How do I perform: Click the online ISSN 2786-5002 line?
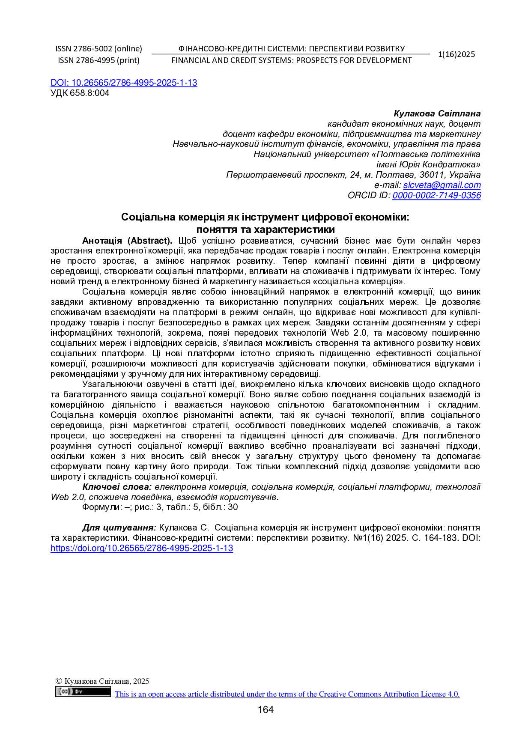point(98,49)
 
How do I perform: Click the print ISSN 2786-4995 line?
point(98,60)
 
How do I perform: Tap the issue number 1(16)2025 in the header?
point(456,54)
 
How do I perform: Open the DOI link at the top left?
point(124,83)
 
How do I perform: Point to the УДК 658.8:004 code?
point(80,93)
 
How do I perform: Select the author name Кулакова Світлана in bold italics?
point(437,113)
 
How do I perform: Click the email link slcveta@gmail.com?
point(442,185)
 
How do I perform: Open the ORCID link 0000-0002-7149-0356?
point(436,195)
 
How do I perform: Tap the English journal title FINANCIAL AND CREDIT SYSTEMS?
point(291,60)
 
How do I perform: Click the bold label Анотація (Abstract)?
point(127,241)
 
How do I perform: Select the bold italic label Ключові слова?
point(117,487)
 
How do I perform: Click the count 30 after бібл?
point(233,507)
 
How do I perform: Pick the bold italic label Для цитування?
point(119,528)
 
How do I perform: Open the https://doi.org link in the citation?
point(142,548)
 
